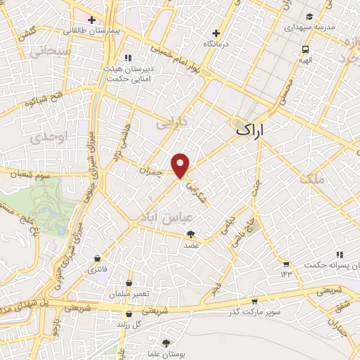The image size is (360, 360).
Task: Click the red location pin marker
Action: pyautogui.click(x=181, y=166)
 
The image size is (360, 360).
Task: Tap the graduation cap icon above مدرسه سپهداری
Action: pyautogui.click(x=309, y=16)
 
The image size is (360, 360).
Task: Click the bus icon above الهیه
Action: pyautogui.click(x=305, y=50)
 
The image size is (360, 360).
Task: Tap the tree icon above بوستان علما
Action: pyautogui.click(x=165, y=343)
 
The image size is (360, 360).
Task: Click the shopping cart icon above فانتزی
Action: pyautogui.click(x=95, y=258)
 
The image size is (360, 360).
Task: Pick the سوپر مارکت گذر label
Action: pyautogui.click(x=254, y=311)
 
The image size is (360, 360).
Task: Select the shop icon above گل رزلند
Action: pyautogui.click(x=127, y=315)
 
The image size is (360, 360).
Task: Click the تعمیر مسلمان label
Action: pyautogui.click(x=127, y=292)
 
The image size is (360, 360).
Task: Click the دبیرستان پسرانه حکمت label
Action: pyautogui.click(x=330, y=266)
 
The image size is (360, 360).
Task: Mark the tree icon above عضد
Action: pyautogui.click(x=192, y=235)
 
